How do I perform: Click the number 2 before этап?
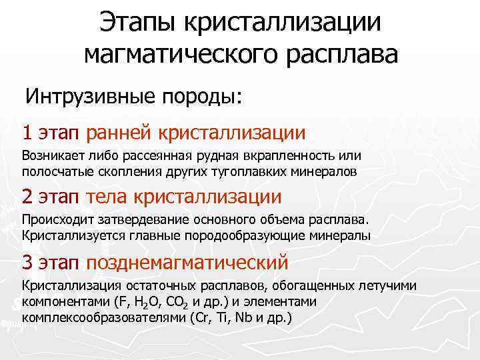pyautogui.click(x=27, y=197)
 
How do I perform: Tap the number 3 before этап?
pyautogui.click(x=27, y=261)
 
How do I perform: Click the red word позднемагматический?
pyautogui.click(x=187, y=262)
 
